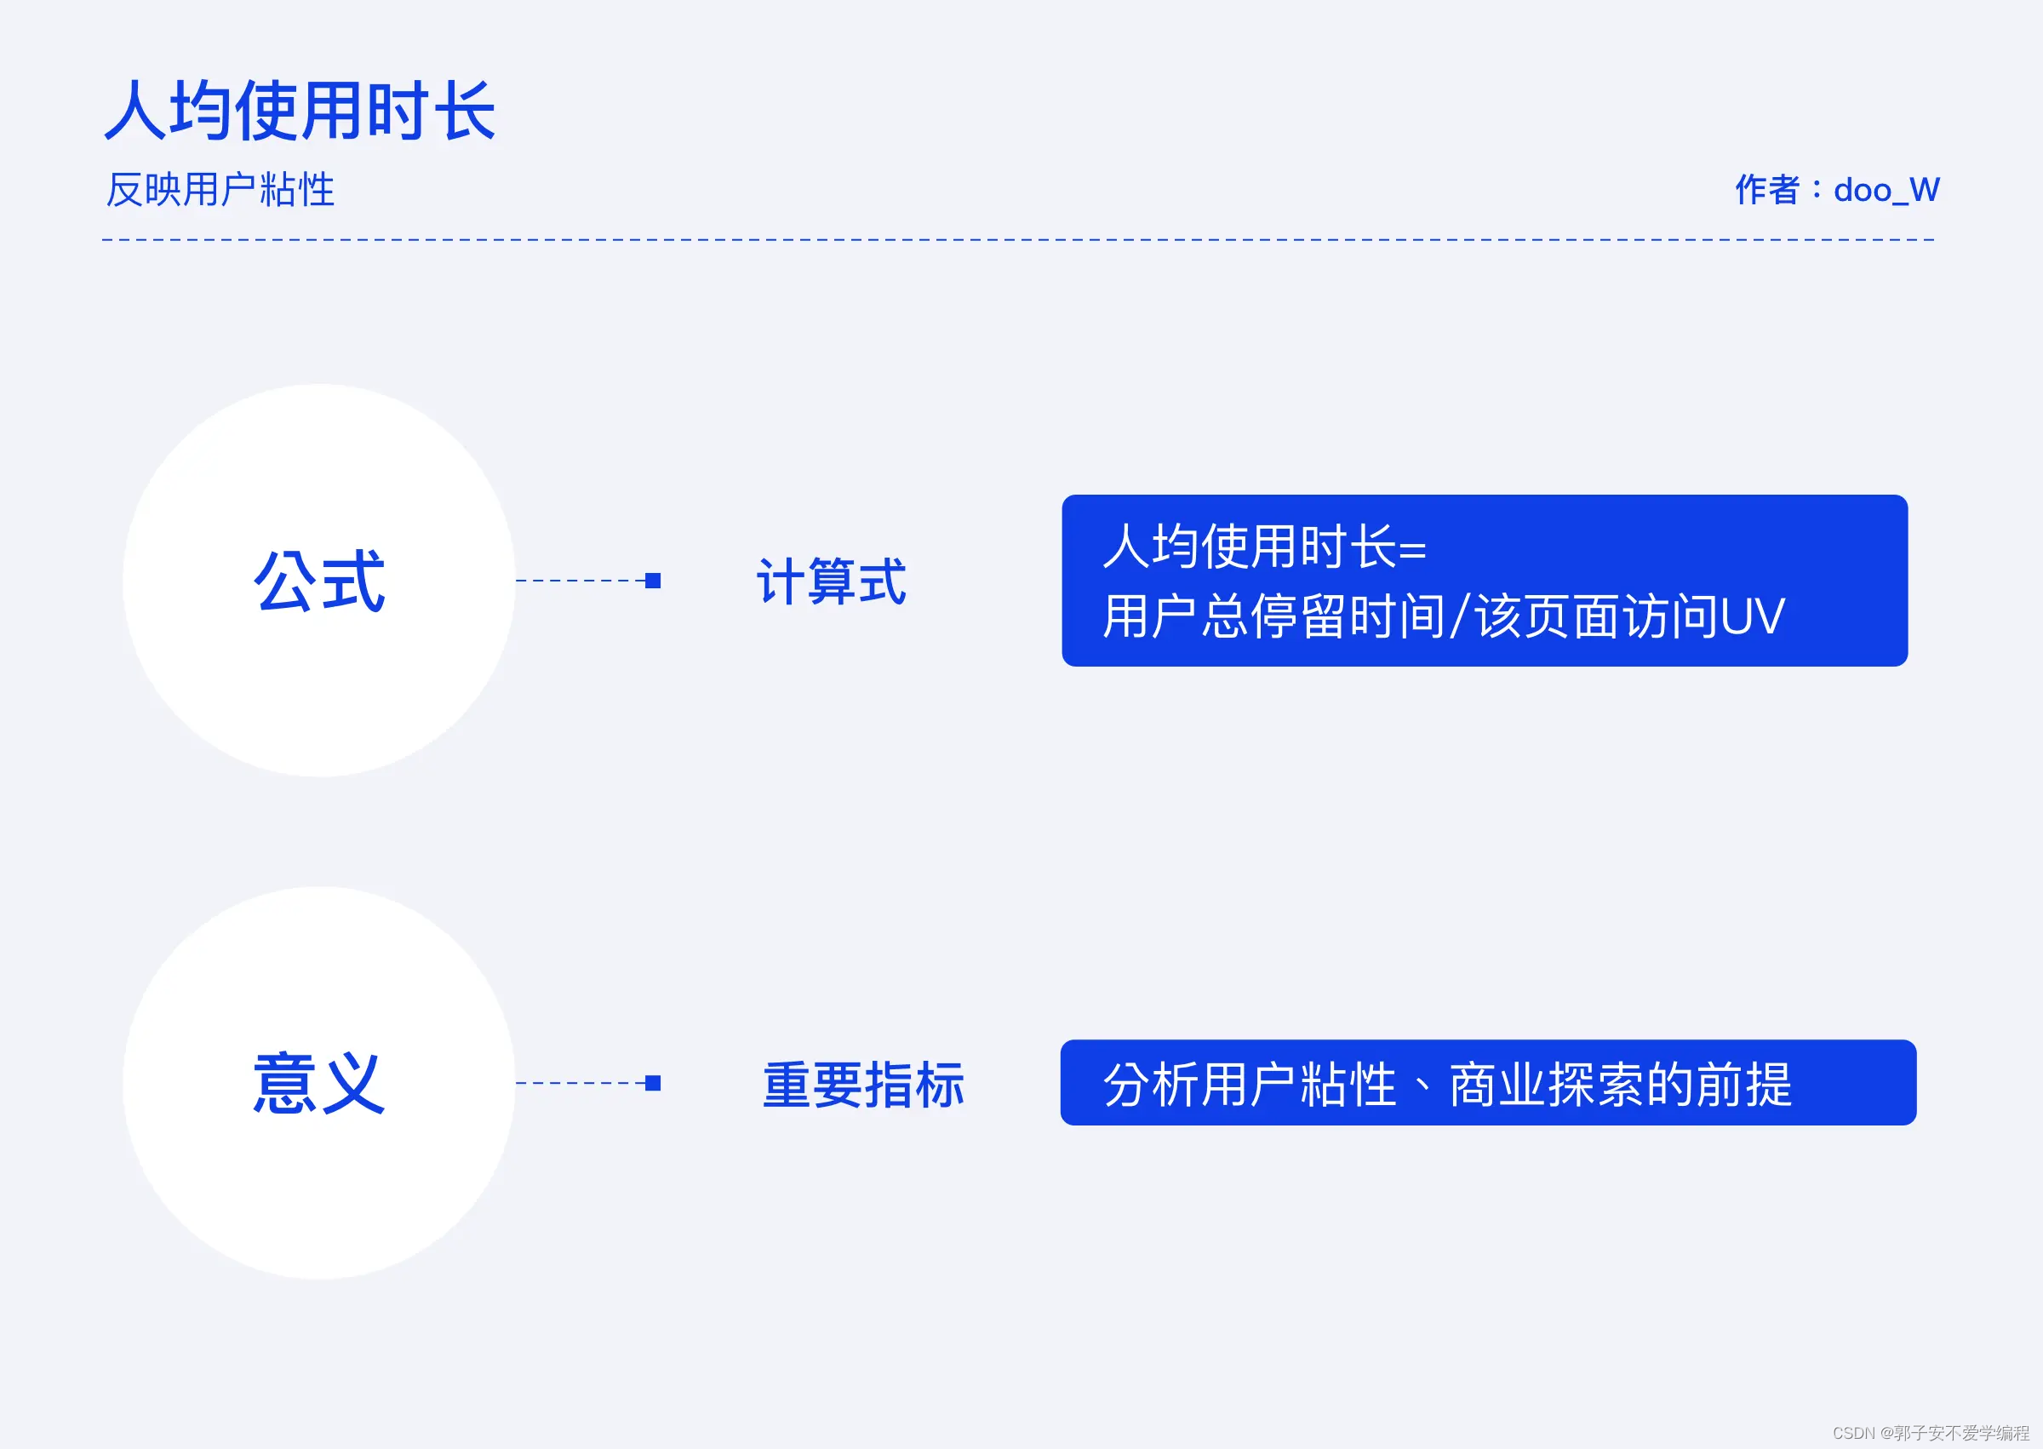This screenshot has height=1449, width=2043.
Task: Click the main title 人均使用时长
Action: click(x=300, y=111)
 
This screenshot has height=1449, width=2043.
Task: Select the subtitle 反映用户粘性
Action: click(x=220, y=190)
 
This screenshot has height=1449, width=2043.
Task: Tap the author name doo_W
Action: click(x=1886, y=190)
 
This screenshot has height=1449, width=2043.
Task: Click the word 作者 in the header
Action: click(x=1766, y=190)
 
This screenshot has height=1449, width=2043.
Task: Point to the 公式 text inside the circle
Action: click(x=319, y=581)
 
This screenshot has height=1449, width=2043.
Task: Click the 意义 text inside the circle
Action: click(x=319, y=1083)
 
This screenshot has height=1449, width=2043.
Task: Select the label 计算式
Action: click(x=831, y=581)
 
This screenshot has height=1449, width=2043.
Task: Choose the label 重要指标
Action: click(x=862, y=1085)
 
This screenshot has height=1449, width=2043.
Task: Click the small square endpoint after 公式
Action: click(x=653, y=581)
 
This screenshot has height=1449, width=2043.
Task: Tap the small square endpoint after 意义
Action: click(x=653, y=1083)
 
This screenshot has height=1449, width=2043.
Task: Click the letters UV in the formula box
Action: click(x=1752, y=616)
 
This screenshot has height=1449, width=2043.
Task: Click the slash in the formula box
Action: click(x=1460, y=616)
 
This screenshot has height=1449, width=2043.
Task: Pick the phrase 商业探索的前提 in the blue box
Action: click(x=1620, y=1085)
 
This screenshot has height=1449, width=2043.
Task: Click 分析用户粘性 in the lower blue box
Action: click(x=1249, y=1085)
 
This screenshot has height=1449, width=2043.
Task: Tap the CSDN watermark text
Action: click(x=1931, y=1433)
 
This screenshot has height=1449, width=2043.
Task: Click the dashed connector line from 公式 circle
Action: click(x=580, y=581)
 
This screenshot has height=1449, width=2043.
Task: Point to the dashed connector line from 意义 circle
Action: click(x=580, y=1083)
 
